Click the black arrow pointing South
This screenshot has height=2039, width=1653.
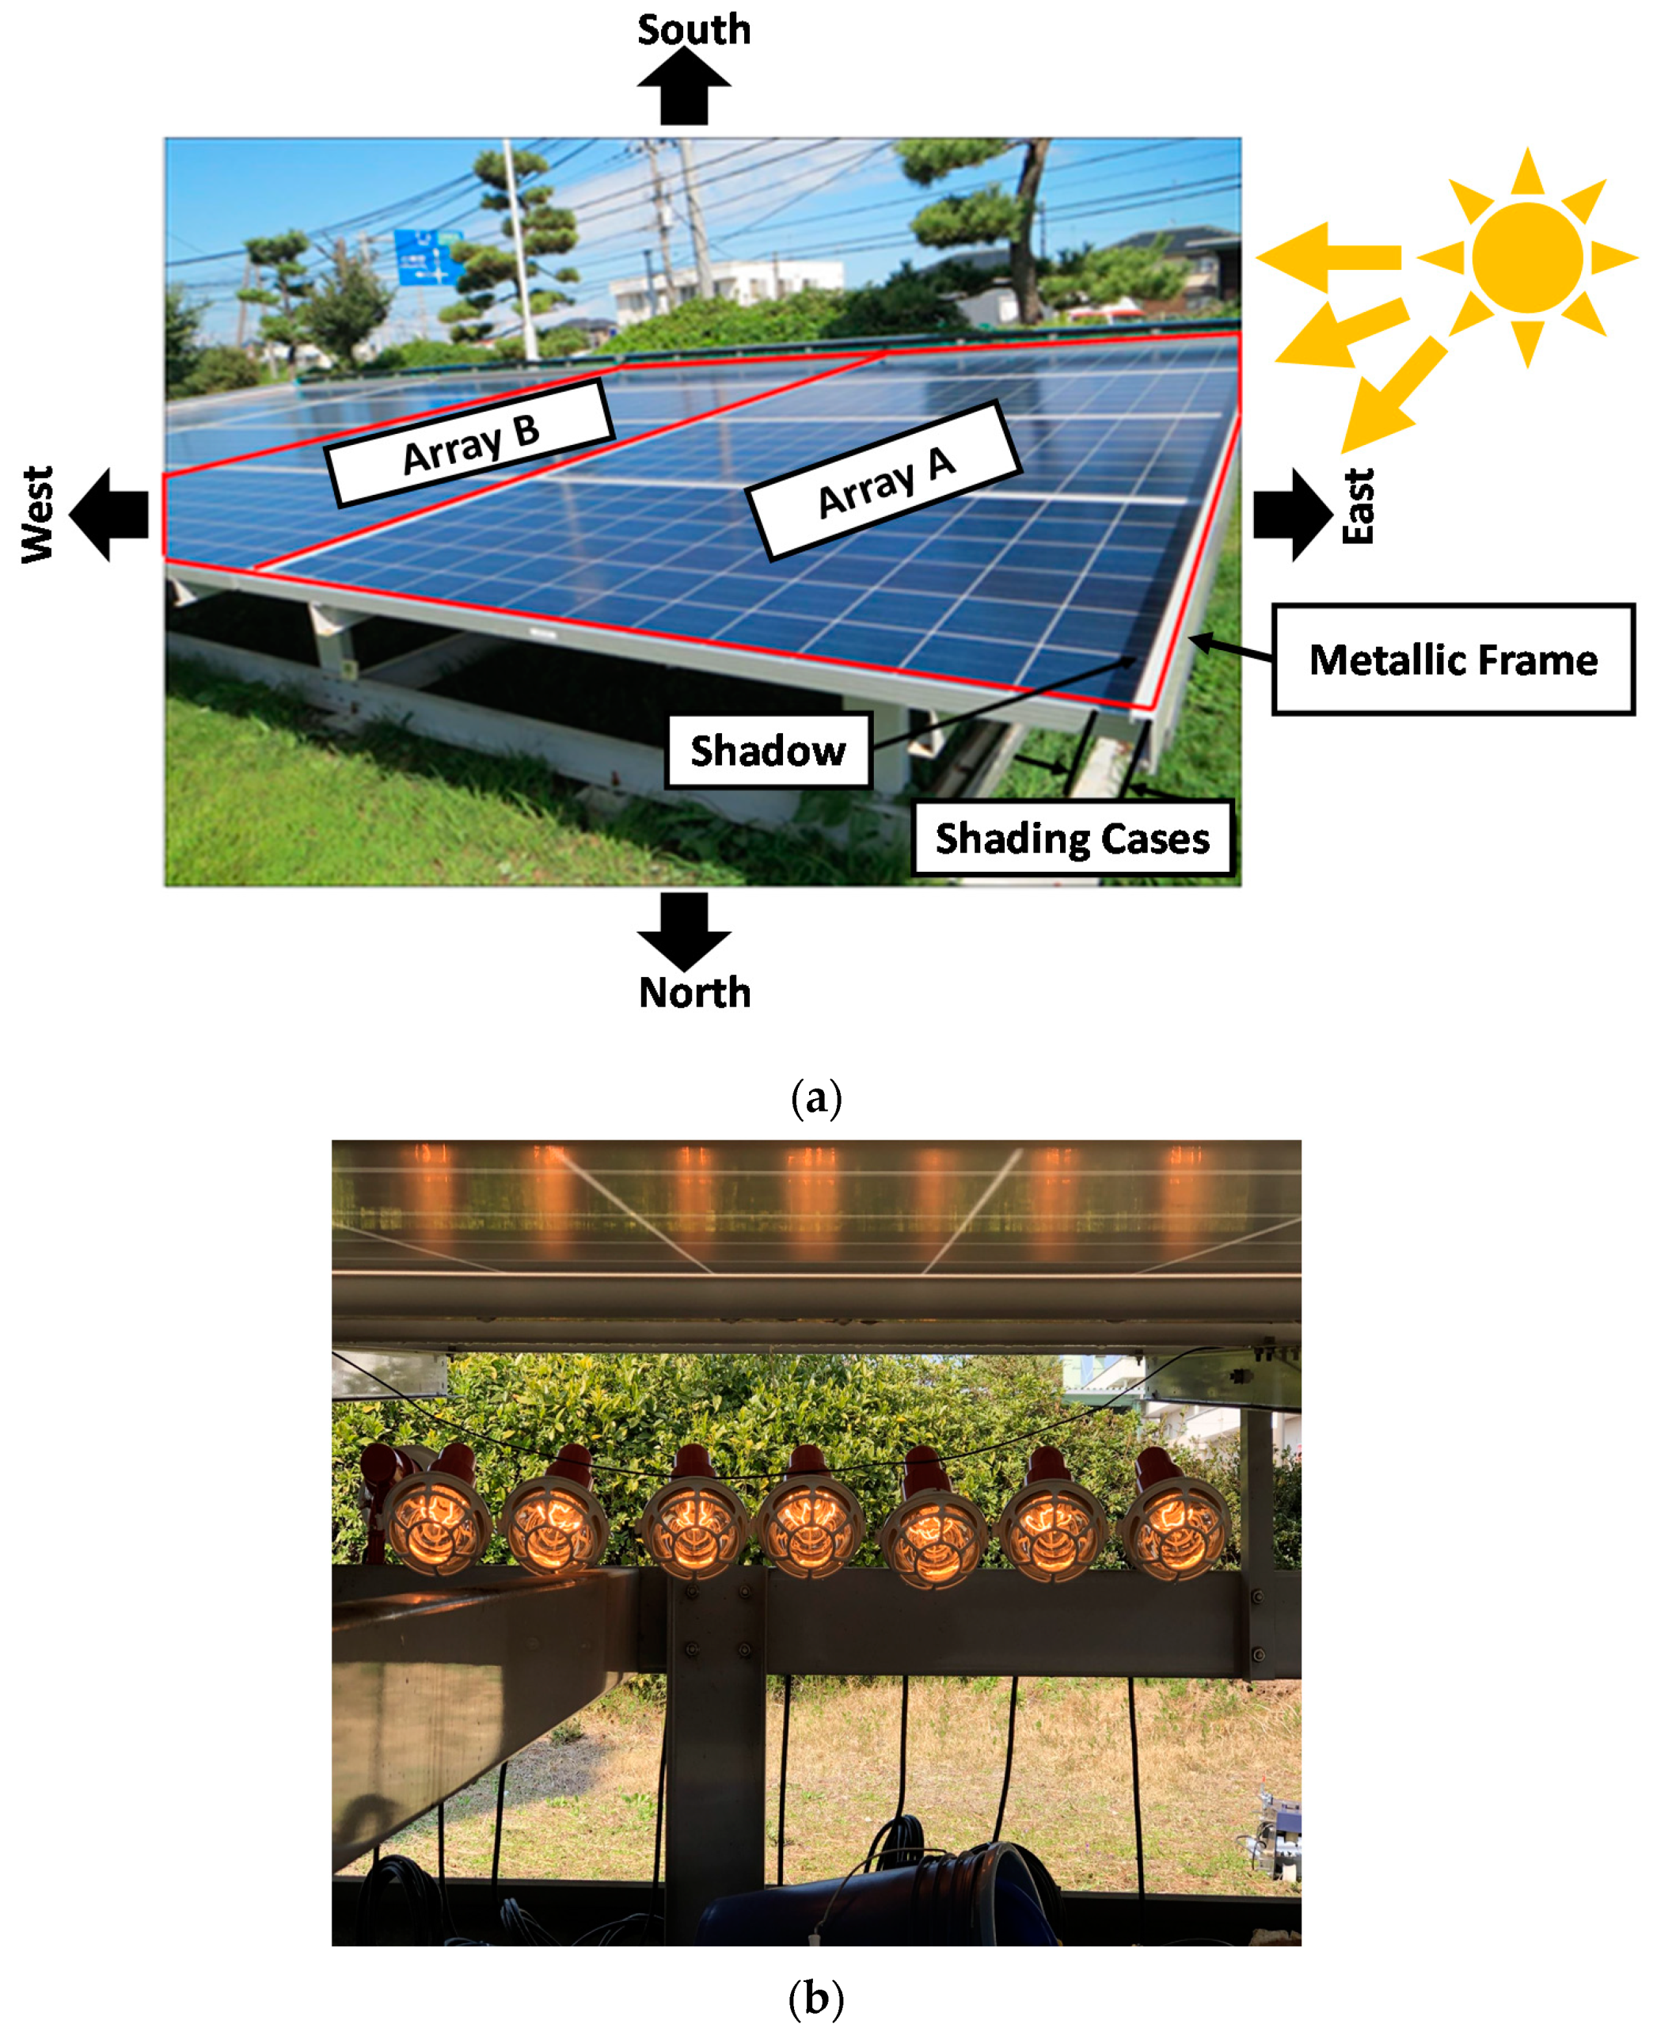[x=684, y=88]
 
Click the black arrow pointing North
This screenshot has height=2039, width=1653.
[x=684, y=930]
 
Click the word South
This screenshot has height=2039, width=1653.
[x=694, y=29]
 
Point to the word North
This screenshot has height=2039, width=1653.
[x=694, y=992]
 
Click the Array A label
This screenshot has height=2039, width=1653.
[x=884, y=480]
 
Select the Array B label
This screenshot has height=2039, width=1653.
[x=470, y=443]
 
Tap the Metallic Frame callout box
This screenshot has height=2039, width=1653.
[x=1452, y=659]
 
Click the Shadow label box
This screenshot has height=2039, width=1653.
[x=767, y=751]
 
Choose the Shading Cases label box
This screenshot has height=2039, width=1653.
[x=1072, y=838]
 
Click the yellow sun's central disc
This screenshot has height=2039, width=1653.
[x=1526, y=257]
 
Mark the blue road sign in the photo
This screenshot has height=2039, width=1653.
[x=427, y=257]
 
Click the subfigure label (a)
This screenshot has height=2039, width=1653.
[x=816, y=1098]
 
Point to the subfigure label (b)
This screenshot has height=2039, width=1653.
[x=816, y=1997]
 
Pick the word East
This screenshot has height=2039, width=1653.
[x=1358, y=507]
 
